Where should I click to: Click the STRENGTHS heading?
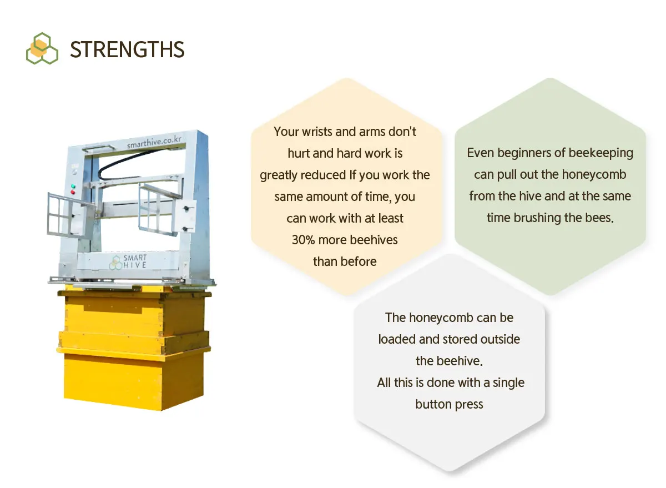[127, 49]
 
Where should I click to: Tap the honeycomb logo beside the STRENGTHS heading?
[42, 48]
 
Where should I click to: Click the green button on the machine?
[73, 187]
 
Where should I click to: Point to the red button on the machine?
[73, 192]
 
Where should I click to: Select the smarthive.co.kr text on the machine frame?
[154, 142]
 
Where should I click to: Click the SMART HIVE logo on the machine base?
[128, 261]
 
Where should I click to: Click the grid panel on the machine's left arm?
[61, 214]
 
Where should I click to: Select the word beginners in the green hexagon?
[526, 153]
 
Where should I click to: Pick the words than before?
[345, 261]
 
